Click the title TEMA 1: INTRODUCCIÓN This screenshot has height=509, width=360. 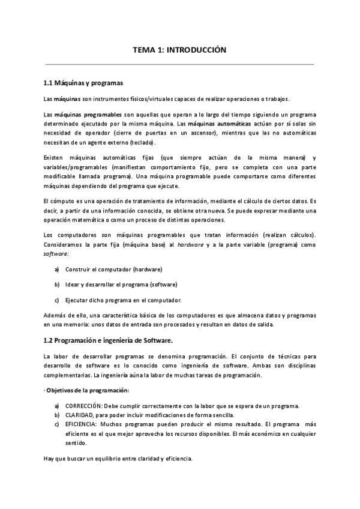coord(179,51)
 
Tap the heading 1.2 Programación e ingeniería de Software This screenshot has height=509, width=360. coord(108,340)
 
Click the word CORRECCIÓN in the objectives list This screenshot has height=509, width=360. coord(86,406)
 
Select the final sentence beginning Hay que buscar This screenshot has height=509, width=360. coord(118,459)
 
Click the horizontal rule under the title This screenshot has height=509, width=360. coord(179,64)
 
